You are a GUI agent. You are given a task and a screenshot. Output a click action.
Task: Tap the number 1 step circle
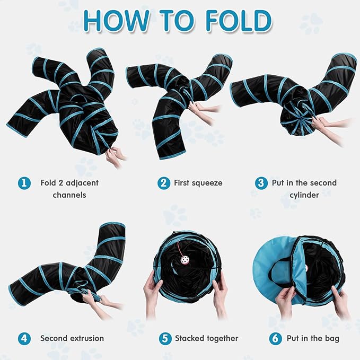point(23,183)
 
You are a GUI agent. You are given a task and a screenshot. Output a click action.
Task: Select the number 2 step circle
point(164,183)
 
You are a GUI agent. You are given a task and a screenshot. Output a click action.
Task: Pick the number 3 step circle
point(260,183)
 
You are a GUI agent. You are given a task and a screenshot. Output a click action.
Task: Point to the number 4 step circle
point(23,338)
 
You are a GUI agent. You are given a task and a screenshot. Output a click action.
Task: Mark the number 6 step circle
point(275,338)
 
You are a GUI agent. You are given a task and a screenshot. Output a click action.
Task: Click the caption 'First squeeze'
point(198,183)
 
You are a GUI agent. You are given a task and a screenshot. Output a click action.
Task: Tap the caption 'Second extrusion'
point(72,338)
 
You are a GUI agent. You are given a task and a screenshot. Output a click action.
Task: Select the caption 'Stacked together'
point(206,338)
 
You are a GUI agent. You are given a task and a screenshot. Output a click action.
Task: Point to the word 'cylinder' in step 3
point(304,195)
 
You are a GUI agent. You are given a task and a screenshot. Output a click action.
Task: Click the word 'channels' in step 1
point(69,195)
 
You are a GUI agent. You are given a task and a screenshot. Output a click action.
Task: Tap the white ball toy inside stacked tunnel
point(185,261)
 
